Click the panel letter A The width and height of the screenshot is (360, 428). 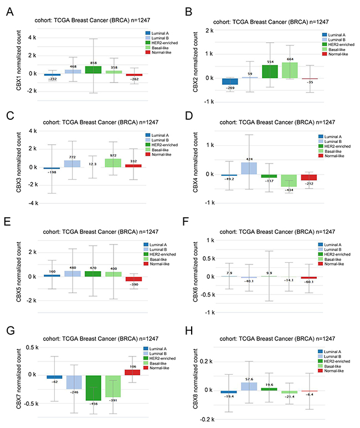(x=11, y=12)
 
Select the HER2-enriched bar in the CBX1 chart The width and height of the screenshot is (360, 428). (x=94, y=69)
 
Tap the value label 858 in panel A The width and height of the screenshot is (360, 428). (x=94, y=63)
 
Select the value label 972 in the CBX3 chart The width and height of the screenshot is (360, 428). (x=113, y=156)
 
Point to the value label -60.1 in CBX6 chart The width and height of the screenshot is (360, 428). (x=308, y=282)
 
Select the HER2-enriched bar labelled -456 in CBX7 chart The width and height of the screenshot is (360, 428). (x=94, y=388)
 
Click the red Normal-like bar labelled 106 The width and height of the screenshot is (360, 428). (x=133, y=371)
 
